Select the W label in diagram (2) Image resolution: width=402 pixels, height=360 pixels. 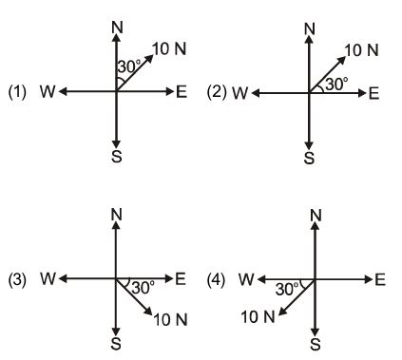tap(240, 93)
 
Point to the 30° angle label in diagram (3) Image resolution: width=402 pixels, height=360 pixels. tap(144, 287)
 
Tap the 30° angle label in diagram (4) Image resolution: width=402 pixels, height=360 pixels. tap(288, 287)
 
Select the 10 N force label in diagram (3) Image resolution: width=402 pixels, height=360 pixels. tap(168, 319)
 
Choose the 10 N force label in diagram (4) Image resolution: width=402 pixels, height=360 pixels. tap(258, 315)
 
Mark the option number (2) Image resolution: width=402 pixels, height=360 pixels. tap(216, 93)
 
